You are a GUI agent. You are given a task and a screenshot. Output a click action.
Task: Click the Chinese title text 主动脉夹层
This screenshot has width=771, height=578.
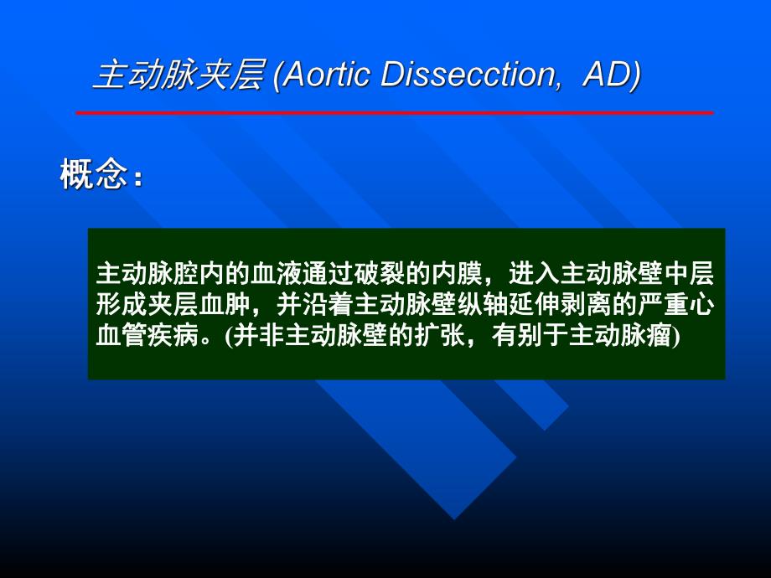coord(176,75)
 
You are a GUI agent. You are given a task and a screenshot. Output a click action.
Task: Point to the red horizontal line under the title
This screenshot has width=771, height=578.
coord(394,112)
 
